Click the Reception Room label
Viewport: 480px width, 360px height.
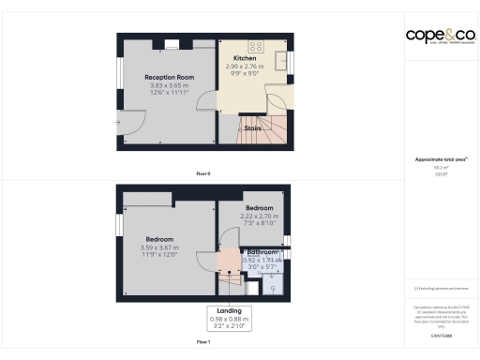click(169, 77)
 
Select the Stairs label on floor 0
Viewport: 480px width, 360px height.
click(251, 128)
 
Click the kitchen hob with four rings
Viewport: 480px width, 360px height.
click(255, 44)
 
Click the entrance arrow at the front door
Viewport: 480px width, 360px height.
click(117, 122)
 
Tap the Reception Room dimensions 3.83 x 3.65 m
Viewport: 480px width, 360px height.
click(169, 86)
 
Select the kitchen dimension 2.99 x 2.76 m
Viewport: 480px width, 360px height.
click(245, 67)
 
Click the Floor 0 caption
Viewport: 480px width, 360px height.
click(203, 173)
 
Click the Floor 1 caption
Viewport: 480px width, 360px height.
click(203, 343)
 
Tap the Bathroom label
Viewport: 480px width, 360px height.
click(262, 252)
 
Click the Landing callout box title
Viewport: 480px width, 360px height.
click(229, 310)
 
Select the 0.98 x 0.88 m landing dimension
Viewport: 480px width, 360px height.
click(229, 320)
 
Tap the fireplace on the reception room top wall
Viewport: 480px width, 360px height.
click(173, 41)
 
